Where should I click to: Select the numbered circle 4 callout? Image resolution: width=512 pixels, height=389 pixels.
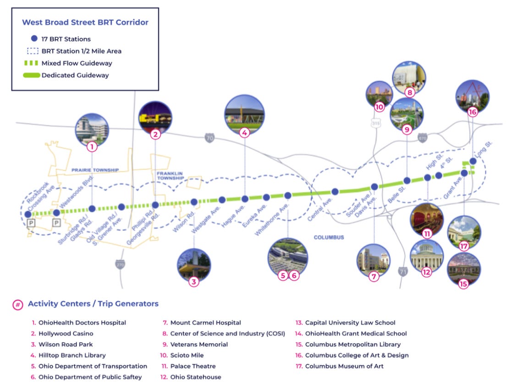[x=244, y=133]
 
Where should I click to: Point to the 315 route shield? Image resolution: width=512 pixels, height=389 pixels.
[x=376, y=122]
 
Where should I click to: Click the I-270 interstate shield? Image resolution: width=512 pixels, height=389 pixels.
[x=120, y=265]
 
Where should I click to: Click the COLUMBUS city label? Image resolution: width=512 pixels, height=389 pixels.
[x=329, y=237]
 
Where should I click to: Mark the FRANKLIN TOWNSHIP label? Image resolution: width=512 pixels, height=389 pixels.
[x=170, y=176]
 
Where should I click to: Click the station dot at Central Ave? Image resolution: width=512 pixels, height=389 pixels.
[x=335, y=192]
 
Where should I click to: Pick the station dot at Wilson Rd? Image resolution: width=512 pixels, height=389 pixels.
[x=194, y=202]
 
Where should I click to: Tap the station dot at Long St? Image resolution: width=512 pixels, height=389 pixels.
[x=473, y=161]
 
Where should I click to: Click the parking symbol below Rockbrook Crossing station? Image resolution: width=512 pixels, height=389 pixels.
[x=31, y=223]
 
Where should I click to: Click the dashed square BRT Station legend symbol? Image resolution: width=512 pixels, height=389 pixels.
[x=33, y=51]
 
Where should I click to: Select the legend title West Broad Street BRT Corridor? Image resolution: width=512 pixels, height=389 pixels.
[x=85, y=22]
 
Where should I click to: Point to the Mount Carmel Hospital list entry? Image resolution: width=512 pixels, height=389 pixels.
[x=205, y=322]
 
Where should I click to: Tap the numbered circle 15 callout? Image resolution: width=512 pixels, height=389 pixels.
[x=463, y=283]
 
